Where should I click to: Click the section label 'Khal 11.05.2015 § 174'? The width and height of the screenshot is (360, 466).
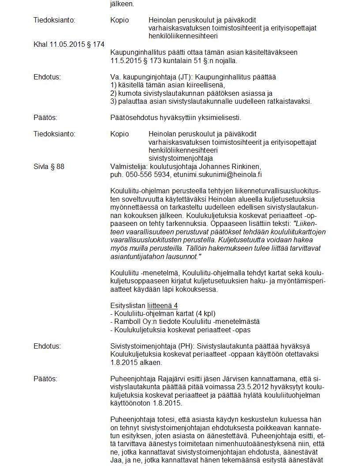pos(69,45)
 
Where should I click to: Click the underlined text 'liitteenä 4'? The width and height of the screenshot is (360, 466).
pos(162,305)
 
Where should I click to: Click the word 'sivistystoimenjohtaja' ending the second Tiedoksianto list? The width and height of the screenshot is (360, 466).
pos(180,158)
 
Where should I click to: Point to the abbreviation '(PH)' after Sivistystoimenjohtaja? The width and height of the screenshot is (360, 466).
pos(191,346)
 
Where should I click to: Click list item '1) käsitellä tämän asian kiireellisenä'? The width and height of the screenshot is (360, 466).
pos(168,85)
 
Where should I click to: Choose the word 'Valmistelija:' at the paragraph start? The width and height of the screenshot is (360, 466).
pos(129,166)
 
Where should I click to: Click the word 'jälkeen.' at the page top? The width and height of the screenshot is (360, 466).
pos(122,4)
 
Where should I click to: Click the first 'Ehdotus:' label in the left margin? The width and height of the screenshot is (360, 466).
pos(47,77)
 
